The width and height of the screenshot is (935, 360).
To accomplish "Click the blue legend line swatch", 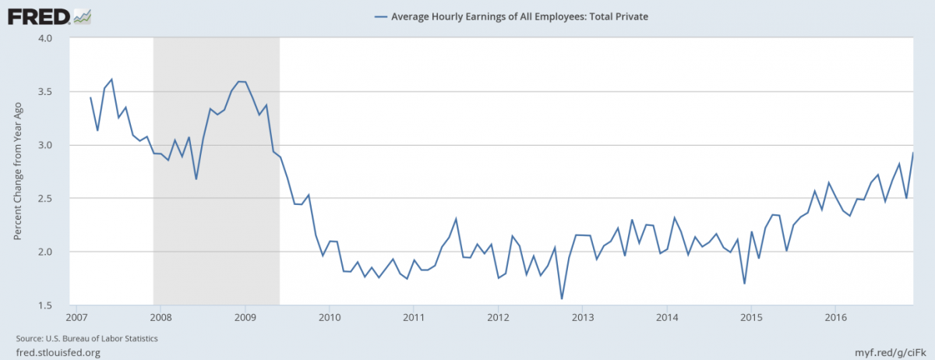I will (380, 15).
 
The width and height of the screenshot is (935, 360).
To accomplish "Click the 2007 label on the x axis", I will (75, 317).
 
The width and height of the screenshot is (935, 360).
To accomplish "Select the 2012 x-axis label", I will (498, 317).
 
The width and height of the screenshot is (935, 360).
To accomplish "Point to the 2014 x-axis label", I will (667, 317).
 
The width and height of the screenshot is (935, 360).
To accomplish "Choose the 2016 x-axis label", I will (836, 317).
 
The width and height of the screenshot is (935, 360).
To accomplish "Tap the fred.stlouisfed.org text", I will (58, 352).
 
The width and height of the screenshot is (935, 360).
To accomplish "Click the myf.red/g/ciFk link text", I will (887, 352).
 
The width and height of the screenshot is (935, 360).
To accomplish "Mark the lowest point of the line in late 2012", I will (562, 298).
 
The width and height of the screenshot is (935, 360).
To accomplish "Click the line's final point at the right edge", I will (913, 153).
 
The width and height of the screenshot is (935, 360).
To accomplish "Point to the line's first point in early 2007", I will (90, 97).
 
